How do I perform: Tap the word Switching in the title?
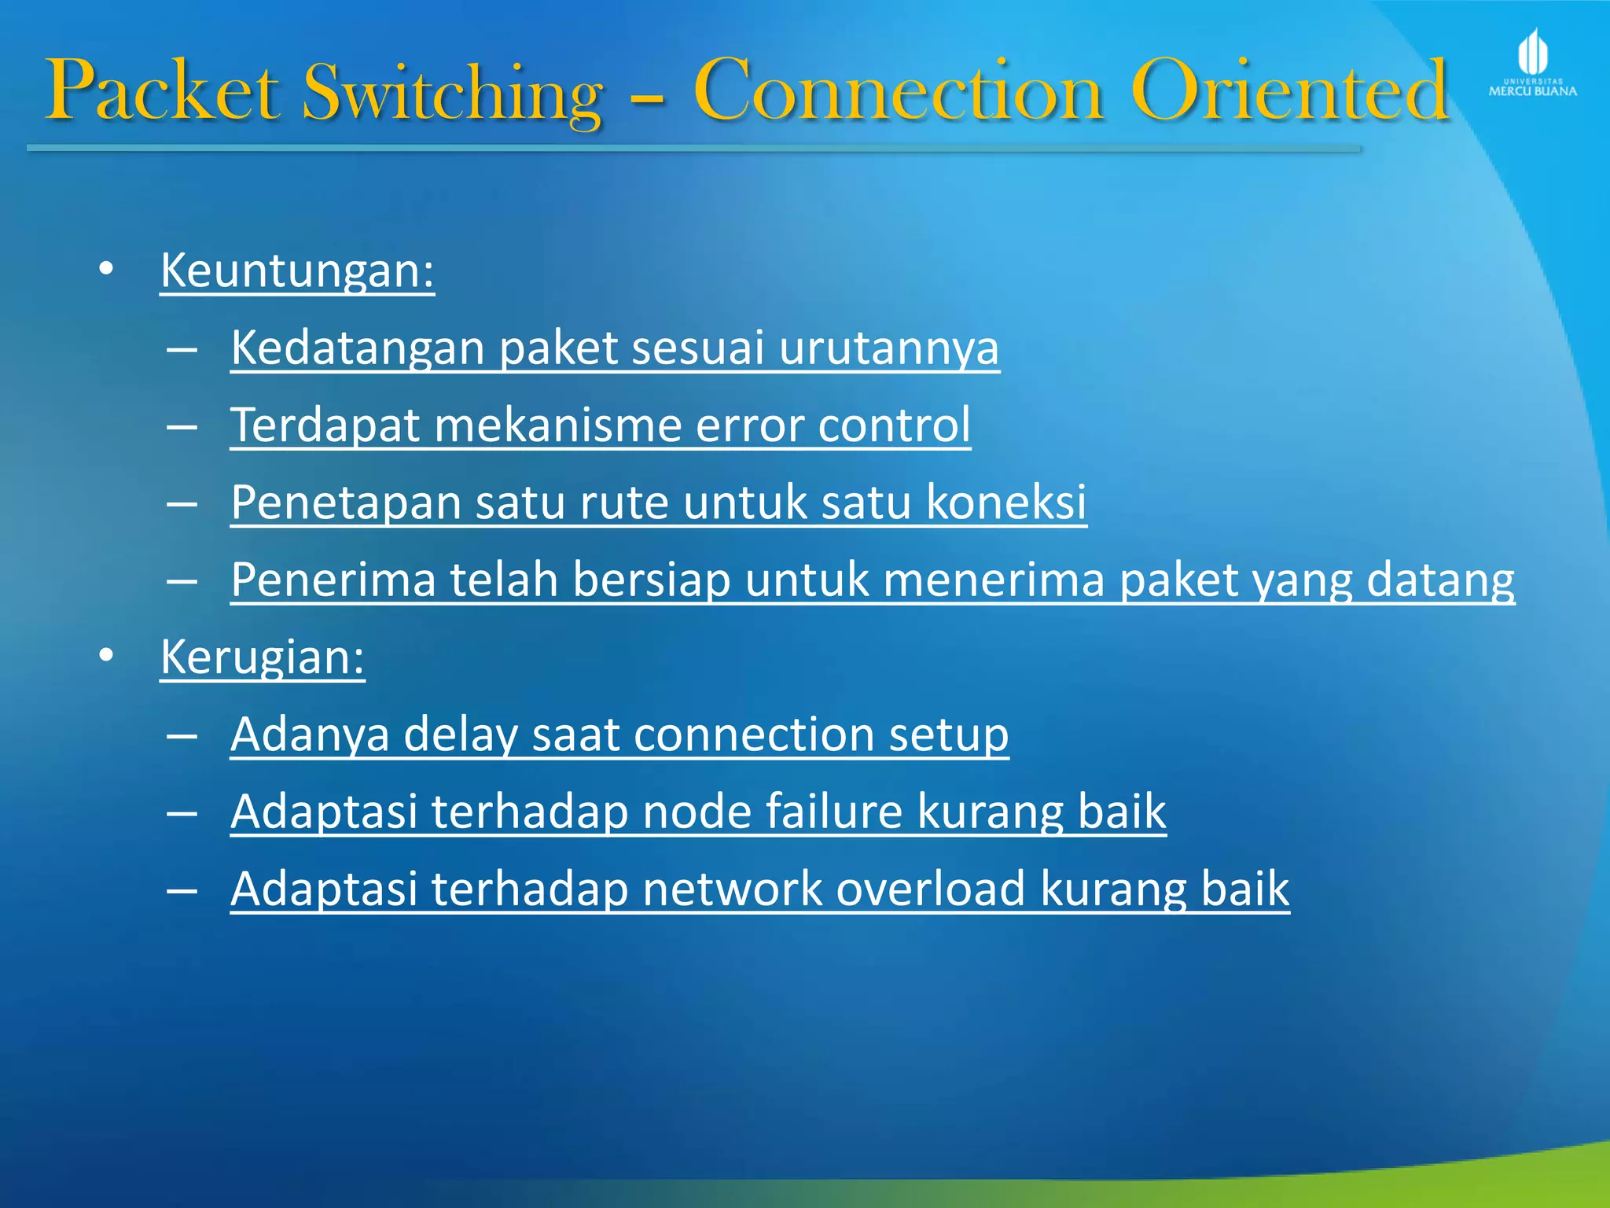453,93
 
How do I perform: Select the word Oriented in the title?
1288,91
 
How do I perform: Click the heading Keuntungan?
297,271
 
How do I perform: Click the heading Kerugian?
263,657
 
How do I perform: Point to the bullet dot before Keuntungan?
106,269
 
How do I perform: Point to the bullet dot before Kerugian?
106,655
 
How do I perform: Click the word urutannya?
889,348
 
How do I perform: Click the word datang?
1440,580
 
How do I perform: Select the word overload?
931,889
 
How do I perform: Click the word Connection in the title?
899,91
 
